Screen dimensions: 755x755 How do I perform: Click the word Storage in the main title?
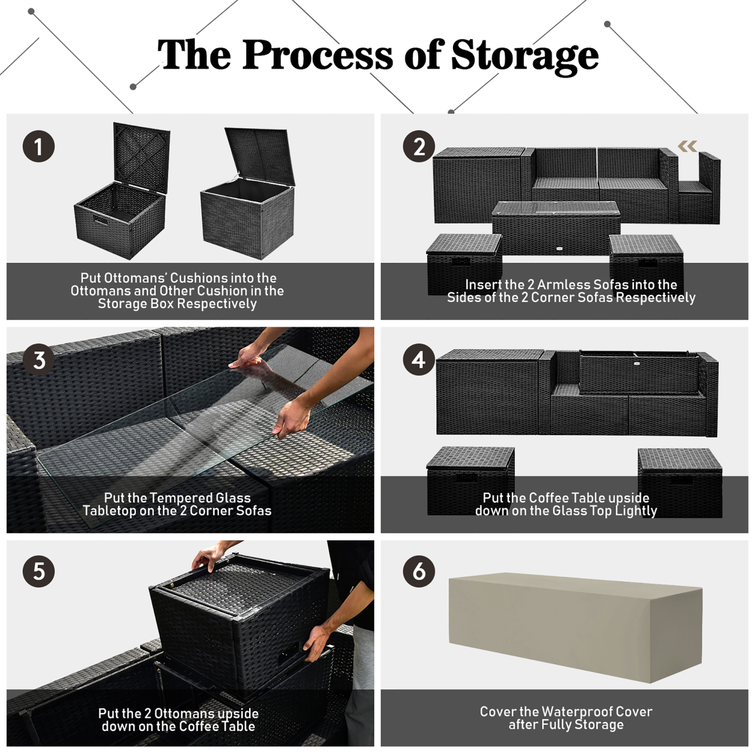click(x=524, y=55)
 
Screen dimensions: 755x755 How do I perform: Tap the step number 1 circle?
click(x=39, y=146)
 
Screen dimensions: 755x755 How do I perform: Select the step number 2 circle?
click(x=419, y=146)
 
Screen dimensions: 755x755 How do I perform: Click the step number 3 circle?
click(x=39, y=360)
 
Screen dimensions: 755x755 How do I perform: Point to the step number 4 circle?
click(x=419, y=360)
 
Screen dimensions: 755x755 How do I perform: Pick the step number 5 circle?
click(x=39, y=572)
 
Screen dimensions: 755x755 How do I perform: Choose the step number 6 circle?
click(x=419, y=572)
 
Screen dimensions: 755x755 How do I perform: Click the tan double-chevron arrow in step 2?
click(x=687, y=146)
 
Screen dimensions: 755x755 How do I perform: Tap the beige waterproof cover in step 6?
click(x=575, y=627)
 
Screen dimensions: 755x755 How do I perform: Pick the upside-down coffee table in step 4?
click(x=639, y=372)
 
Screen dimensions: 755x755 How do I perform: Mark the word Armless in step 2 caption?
click(x=564, y=284)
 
